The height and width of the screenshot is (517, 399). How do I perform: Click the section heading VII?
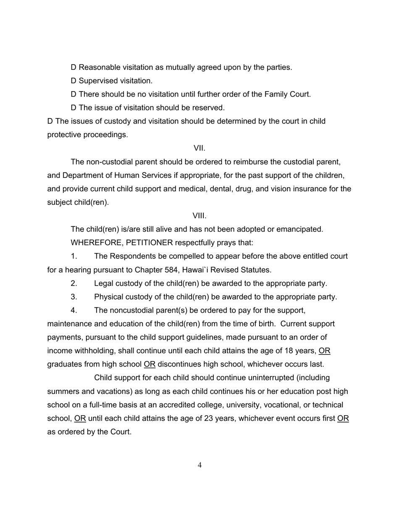coord(199,148)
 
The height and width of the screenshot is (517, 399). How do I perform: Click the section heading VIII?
coord(199,216)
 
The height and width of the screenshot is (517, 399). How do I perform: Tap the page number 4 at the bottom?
coord(199,465)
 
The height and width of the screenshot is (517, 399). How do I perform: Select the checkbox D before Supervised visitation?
coord(73,81)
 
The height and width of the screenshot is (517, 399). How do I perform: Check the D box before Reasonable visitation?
coord(73,67)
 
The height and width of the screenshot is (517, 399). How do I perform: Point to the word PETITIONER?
coord(149,243)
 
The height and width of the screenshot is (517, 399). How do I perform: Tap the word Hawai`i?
coord(195,270)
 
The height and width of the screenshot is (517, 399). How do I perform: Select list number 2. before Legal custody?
coord(74,283)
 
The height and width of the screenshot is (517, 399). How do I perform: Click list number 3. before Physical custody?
coord(74,297)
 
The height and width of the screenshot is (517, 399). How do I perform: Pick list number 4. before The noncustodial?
coord(74,310)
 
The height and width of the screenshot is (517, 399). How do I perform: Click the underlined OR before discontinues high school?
coord(150,364)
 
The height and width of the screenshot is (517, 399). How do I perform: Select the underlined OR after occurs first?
coord(343,419)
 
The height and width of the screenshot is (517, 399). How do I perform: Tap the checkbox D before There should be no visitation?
coord(73,94)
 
